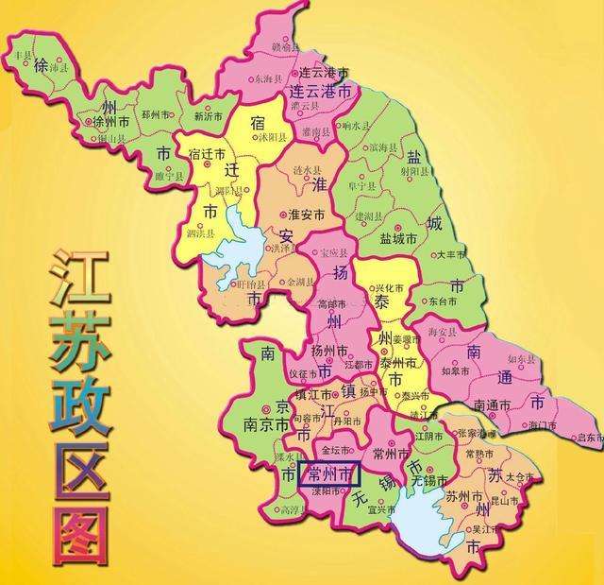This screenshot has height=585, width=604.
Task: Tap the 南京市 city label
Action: click(260, 425)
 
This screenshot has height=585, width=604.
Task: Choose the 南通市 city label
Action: click(492, 405)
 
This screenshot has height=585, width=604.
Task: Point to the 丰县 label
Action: click(23, 56)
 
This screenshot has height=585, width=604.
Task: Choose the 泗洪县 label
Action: click(198, 233)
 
